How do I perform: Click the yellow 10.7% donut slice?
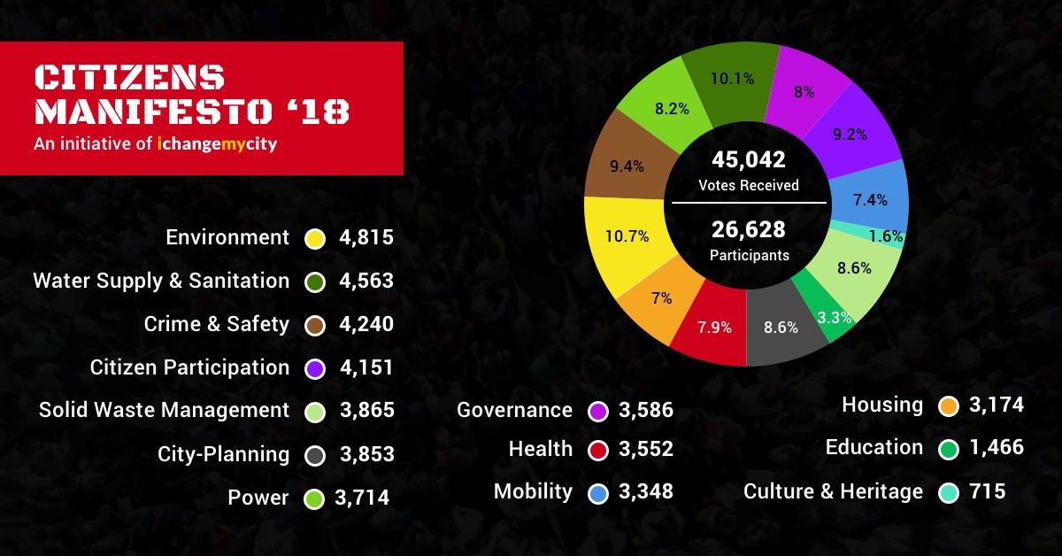point(624,237)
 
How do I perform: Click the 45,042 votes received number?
point(749,159)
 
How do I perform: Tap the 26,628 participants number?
point(749,230)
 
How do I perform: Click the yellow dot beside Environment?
point(314,238)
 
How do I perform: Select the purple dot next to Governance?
point(597,411)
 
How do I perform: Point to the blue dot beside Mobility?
point(597,492)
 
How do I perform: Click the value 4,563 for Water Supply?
point(366,282)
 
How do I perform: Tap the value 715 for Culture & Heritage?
point(988,491)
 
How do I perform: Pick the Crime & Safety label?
point(217,324)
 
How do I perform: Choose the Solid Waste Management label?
point(165,411)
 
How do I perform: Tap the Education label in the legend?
point(874,448)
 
